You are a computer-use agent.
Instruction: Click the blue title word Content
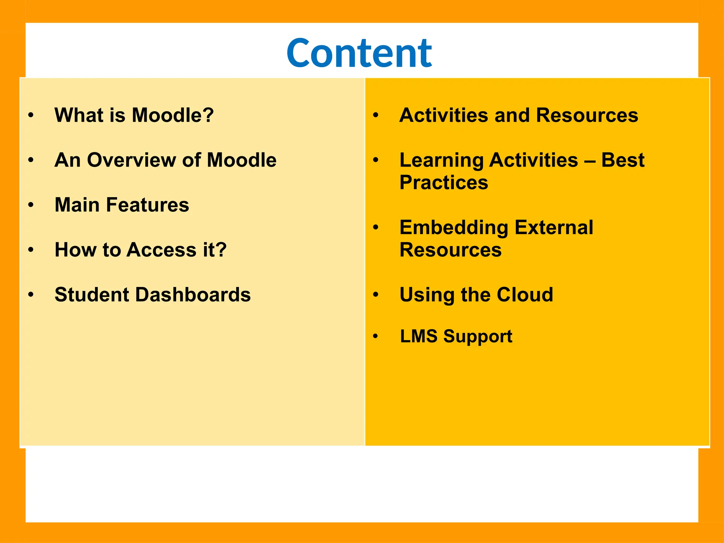click(359, 53)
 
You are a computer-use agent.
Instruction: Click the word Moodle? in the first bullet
click(173, 115)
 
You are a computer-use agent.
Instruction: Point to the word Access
click(161, 250)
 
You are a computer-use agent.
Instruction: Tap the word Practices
click(444, 183)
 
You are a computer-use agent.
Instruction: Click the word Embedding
click(454, 227)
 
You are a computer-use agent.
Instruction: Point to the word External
click(554, 227)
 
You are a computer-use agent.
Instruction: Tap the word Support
click(478, 337)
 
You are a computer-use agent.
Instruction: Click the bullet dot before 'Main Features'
click(31, 205)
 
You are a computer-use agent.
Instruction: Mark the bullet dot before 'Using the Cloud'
click(376, 294)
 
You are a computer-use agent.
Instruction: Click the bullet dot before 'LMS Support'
click(375, 336)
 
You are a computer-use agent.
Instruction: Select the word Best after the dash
click(623, 160)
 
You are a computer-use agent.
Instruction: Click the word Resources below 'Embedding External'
click(450, 250)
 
